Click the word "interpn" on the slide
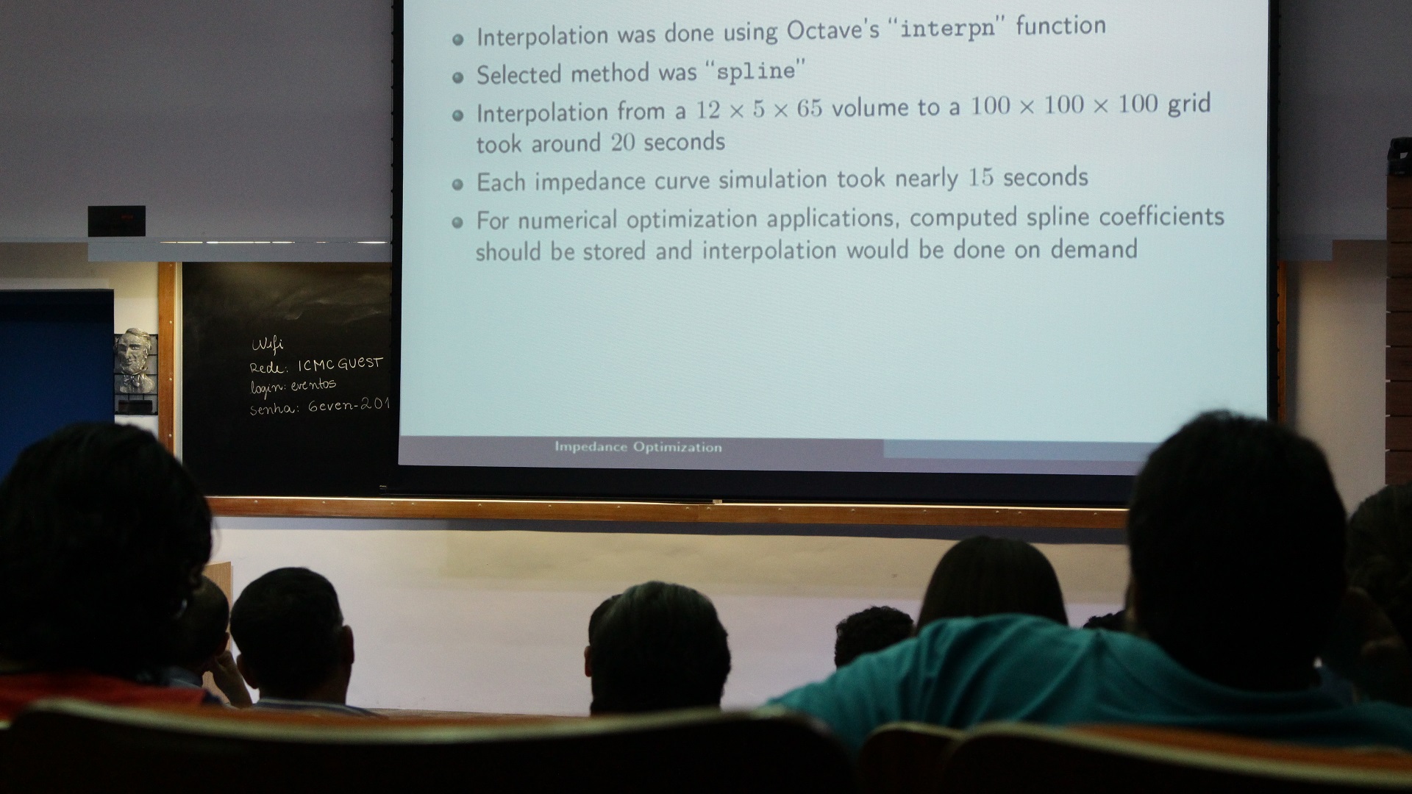949,30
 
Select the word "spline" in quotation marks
755,72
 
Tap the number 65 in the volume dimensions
809,109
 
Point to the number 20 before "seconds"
623,142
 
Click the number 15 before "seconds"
980,178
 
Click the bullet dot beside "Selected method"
458,76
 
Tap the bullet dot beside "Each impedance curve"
458,185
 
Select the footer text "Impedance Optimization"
638,447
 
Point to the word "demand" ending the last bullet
1094,250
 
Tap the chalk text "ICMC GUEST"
340,364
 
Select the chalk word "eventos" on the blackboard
313,385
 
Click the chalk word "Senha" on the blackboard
273,409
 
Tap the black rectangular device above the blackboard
117,221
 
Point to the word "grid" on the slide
1189,104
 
